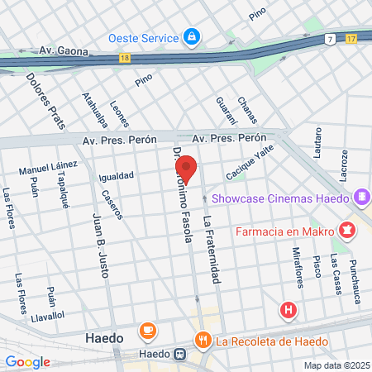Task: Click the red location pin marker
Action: (186, 168)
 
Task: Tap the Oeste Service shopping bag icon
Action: (192, 37)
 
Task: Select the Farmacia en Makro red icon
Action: (348, 227)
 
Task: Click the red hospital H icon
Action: (289, 311)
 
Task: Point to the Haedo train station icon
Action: (179, 354)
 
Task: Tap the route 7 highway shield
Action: (330, 39)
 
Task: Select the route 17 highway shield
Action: (351, 38)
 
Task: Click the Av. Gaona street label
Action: (62, 51)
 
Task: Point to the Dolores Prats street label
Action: (45, 102)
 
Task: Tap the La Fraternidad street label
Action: (212, 249)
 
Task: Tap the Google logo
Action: (27, 362)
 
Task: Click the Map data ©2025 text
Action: (335, 365)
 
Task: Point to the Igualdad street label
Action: (116, 176)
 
